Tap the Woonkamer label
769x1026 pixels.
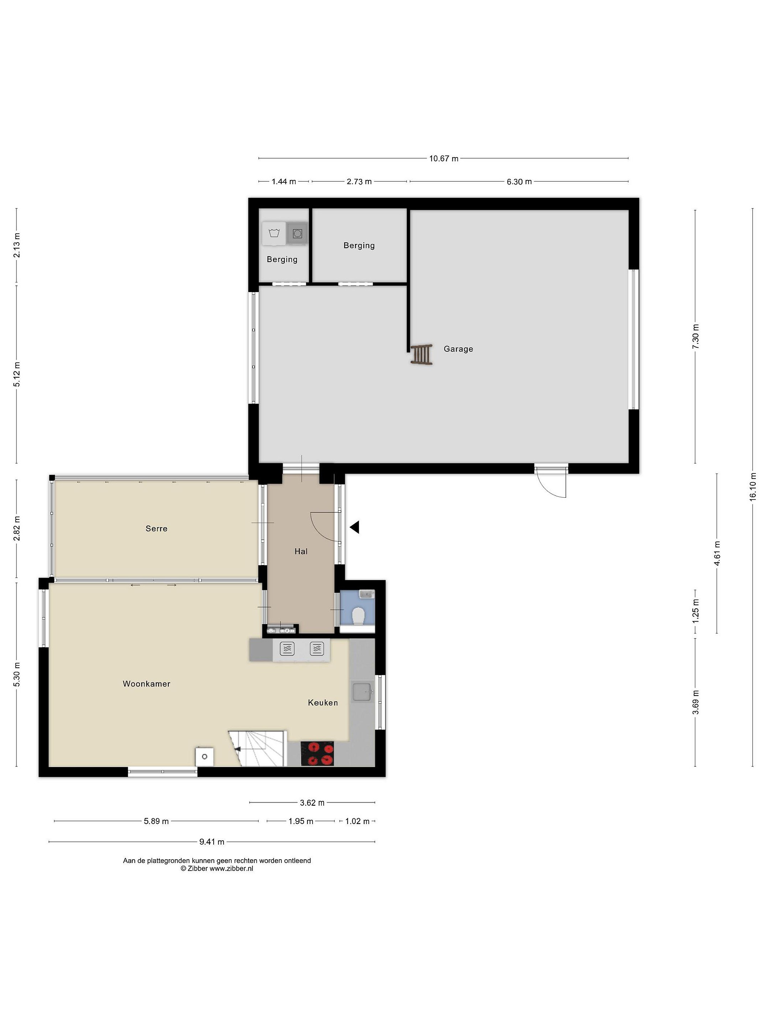[x=146, y=684]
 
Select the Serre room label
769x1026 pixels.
[x=156, y=528]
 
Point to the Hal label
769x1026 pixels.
[x=301, y=551]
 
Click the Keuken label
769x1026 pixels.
[x=323, y=703]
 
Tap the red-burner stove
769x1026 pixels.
[x=317, y=754]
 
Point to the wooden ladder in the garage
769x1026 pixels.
[x=422, y=354]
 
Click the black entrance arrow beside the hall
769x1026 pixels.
[x=354, y=527]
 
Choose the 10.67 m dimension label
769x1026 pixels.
[x=444, y=159]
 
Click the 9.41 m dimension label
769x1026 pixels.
[x=212, y=842]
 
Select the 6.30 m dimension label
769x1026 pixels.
[x=519, y=182]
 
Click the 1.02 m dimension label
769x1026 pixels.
[x=357, y=822]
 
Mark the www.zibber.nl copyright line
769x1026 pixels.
[x=217, y=869]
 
